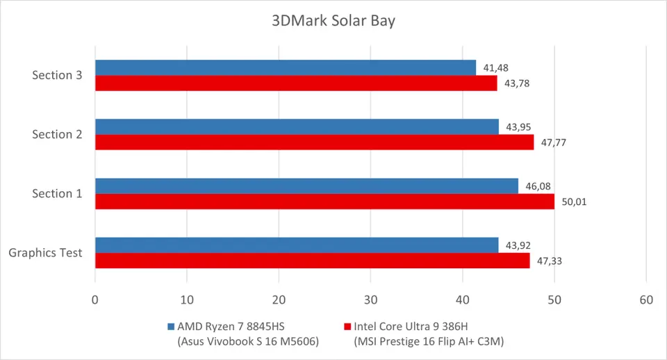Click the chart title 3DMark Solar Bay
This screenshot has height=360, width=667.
point(333,21)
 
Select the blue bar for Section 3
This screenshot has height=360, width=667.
point(285,67)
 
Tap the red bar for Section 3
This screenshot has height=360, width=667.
point(295,83)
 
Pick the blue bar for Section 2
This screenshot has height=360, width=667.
point(297,126)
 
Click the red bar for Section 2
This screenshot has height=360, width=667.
point(314,142)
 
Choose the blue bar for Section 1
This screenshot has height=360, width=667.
point(306,186)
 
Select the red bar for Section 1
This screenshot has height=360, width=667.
point(324,202)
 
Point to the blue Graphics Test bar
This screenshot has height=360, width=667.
point(297,245)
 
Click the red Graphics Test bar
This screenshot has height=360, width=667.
point(312,261)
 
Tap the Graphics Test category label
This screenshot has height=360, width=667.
point(46,253)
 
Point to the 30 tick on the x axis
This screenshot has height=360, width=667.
point(370,300)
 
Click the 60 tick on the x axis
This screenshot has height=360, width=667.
point(646,300)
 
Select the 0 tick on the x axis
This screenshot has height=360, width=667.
point(95,300)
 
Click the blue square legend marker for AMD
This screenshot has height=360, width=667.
point(171,326)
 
